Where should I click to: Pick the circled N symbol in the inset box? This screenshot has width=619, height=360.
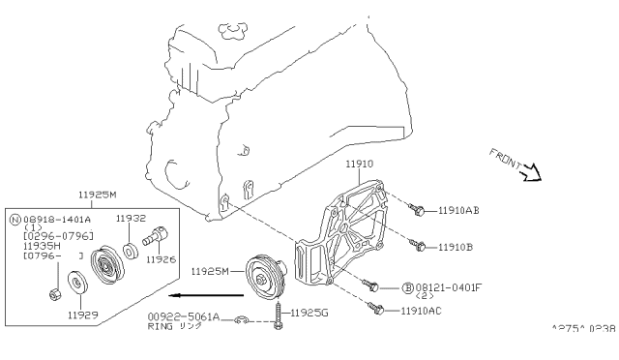point(15,220)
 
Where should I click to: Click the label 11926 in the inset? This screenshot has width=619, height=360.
point(160,260)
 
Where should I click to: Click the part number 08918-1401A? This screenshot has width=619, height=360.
point(59,220)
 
